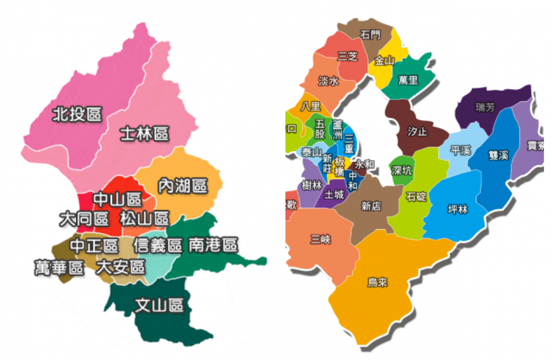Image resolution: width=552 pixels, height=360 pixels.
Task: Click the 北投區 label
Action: (x=77, y=114)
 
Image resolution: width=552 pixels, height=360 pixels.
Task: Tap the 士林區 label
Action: (x=144, y=134)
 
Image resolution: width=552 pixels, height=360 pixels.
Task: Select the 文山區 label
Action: (x=160, y=305)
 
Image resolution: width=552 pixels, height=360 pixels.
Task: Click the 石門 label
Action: (x=370, y=34)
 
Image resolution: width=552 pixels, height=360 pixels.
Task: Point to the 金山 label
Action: (x=385, y=61)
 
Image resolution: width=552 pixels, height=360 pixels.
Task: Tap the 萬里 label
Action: (x=408, y=80)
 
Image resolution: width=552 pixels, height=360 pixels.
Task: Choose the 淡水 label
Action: (x=328, y=81)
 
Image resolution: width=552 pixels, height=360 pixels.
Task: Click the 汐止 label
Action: (x=417, y=132)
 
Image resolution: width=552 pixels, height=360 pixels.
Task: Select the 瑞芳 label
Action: (x=485, y=108)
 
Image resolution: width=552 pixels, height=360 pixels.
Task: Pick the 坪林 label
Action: (x=457, y=209)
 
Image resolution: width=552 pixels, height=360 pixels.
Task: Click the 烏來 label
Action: (x=377, y=282)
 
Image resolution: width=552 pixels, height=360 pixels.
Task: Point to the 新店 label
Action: (x=371, y=206)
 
